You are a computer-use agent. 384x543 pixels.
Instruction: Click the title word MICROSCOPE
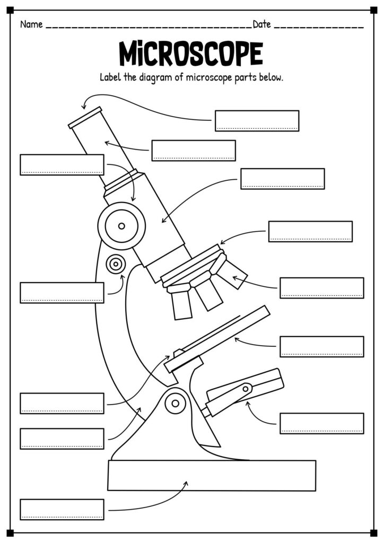(191, 53)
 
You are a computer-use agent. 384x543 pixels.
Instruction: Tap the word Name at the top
(31, 24)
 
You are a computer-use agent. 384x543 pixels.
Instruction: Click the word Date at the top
(262, 24)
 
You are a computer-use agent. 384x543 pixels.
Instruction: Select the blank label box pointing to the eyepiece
(257, 120)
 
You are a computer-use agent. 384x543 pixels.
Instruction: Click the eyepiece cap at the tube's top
(85, 117)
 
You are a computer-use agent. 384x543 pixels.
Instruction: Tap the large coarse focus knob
(121, 226)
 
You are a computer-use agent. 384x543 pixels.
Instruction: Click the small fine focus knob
(115, 263)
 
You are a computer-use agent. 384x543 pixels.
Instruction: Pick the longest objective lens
(182, 303)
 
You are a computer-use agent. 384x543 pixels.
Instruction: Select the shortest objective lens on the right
(233, 273)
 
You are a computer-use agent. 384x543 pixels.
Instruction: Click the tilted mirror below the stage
(244, 391)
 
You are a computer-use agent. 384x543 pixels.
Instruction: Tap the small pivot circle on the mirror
(246, 389)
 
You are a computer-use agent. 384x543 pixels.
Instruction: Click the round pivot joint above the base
(174, 404)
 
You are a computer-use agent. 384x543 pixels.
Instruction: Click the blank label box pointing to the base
(62, 509)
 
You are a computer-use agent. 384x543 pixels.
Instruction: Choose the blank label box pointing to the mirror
(321, 423)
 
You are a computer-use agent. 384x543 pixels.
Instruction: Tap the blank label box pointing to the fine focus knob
(62, 293)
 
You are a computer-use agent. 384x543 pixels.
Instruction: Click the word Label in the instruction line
(110, 77)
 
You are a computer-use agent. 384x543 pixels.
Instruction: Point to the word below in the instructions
(272, 77)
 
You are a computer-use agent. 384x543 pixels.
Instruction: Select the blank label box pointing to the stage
(321, 346)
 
